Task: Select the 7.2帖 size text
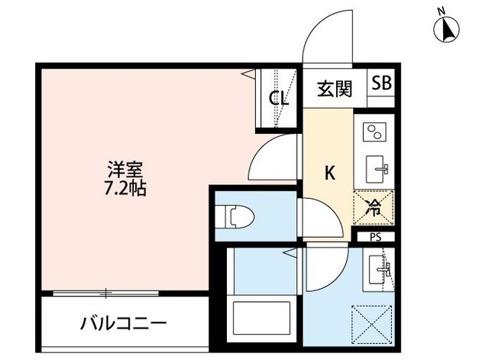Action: [x=125, y=186]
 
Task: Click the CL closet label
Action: [x=277, y=98]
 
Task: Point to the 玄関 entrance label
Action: [x=335, y=89]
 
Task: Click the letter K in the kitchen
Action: [x=330, y=173]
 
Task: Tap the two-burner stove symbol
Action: [x=374, y=133]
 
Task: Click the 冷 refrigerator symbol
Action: [x=374, y=204]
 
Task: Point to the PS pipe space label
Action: [x=375, y=237]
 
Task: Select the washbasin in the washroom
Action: [x=380, y=270]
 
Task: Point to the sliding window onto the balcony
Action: [x=106, y=292]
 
